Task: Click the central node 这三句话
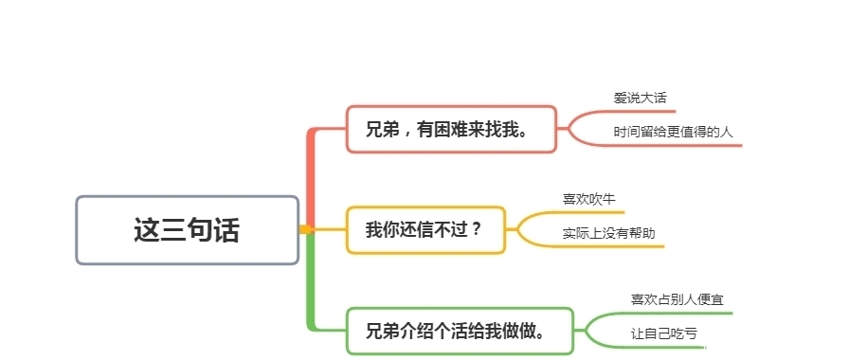point(187,230)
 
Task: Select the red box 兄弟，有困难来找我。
point(450,129)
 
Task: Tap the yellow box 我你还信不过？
point(424,229)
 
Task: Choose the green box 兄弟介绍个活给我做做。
point(460,331)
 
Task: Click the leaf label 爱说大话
point(633,98)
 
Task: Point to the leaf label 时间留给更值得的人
point(673,132)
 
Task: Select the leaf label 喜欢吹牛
point(582,199)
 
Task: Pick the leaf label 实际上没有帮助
point(608,233)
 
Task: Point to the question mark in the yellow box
point(477,229)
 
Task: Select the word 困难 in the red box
point(449,130)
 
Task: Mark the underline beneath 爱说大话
point(635,111)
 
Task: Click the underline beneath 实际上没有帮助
point(611,246)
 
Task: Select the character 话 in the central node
point(226,230)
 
